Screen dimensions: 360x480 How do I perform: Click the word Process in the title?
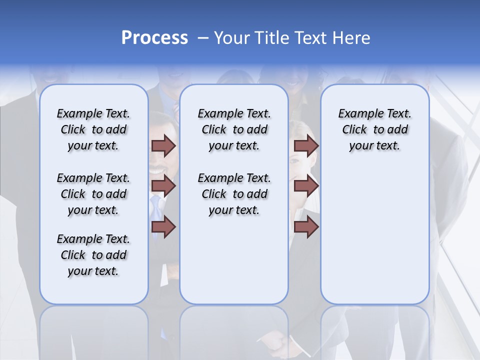point(154,38)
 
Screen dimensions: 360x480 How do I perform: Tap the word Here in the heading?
point(352,38)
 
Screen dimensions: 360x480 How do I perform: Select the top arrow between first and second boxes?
point(163,146)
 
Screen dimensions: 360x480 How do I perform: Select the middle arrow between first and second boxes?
point(163,186)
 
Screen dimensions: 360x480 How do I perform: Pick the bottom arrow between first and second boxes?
point(163,227)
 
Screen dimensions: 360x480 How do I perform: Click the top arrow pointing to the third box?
point(306,146)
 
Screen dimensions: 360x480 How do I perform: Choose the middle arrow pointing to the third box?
point(306,186)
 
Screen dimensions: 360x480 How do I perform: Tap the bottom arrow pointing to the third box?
point(306,227)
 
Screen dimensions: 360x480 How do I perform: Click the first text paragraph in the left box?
point(93,129)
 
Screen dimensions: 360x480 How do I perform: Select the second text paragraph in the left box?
point(93,194)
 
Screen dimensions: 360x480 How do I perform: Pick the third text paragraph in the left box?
point(93,255)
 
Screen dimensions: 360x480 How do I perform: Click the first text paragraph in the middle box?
point(234,129)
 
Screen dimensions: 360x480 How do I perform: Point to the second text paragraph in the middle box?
point(234,194)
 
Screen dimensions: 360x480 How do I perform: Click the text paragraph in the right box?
point(375,129)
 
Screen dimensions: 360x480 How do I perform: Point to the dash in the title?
point(203,38)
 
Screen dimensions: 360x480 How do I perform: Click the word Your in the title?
point(230,38)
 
